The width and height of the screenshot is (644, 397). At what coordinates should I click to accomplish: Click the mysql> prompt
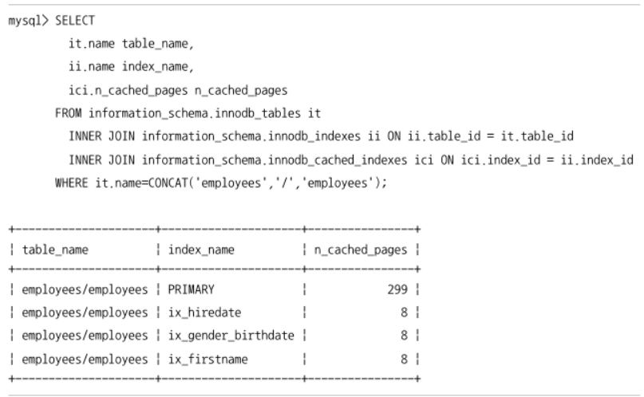[x=29, y=21]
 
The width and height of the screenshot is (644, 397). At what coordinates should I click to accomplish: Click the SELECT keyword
[x=75, y=21]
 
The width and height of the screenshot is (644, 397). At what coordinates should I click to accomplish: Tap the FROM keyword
[x=68, y=113]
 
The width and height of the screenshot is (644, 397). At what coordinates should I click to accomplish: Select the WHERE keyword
[x=72, y=183]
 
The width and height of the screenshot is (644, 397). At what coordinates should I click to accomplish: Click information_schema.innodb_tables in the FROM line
[x=195, y=114]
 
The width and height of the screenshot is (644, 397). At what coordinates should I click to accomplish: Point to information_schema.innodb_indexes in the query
[x=251, y=136]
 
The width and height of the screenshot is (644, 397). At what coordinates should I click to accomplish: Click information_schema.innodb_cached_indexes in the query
[x=275, y=160]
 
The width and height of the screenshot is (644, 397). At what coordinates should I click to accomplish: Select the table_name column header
[x=55, y=250]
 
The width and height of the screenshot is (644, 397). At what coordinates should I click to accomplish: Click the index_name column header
[x=201, y=250]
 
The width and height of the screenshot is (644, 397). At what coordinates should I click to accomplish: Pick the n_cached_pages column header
[x=361, y=250]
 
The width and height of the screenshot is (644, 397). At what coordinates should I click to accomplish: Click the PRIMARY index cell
[x=191, y=289]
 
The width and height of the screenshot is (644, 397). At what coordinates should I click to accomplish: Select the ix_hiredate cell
[x=204, y=313]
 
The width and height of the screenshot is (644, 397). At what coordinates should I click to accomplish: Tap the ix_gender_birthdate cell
[x=231, y=336]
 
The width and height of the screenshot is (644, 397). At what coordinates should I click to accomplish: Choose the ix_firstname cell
[x=207, y=360]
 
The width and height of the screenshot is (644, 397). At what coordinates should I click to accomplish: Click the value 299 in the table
[x=397, y=289]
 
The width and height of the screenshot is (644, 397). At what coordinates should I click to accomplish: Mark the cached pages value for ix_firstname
[x=404, y=360]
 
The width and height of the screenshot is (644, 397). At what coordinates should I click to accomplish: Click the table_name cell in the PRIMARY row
[x=85, y=290]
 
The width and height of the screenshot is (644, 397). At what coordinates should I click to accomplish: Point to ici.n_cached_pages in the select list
[x=128, y=91]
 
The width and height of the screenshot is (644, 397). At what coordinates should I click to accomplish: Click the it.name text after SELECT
[x=92, y=44]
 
